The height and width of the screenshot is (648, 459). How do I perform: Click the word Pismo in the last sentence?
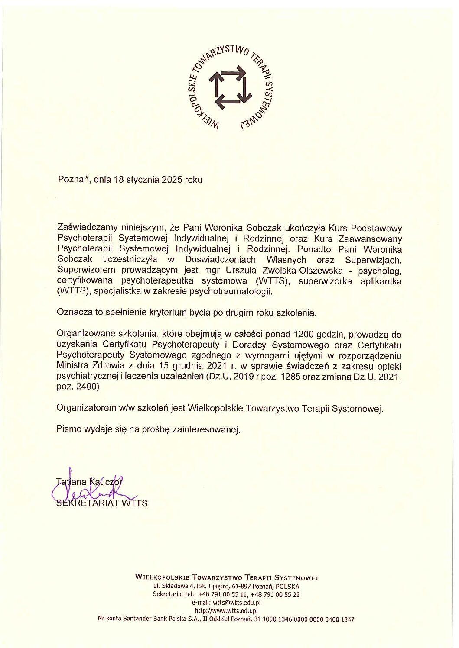tap(68, 429)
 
